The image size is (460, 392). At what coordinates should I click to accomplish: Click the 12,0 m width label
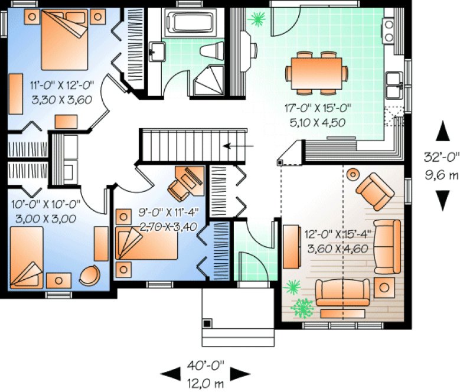click(203, 384)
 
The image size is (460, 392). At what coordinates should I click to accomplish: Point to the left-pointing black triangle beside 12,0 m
click(171, 373)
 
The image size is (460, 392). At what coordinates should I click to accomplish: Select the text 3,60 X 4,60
click(336, 248)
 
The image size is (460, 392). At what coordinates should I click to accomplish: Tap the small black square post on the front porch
click(207, 323)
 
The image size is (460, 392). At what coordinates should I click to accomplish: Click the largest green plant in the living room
click(303, 307)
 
